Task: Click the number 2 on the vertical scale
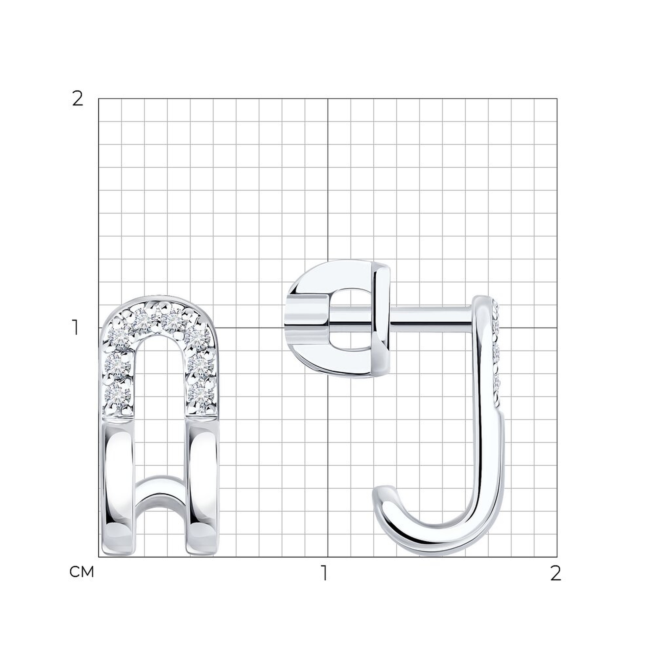click(78, 99)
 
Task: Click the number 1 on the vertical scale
click(76, 327)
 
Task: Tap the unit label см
click(81, 572)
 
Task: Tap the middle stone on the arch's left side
click(117, 365)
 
